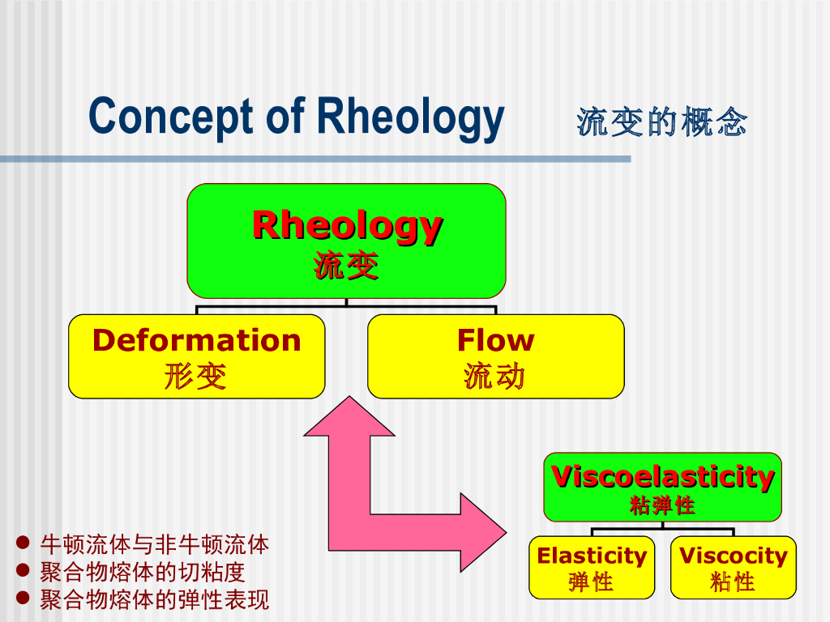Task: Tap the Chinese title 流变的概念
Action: click(x=661, y=121)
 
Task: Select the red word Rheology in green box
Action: click(x=347, y=225)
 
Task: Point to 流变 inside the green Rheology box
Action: click(x=346, y=266)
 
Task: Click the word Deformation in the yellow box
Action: click(x=196, y=340)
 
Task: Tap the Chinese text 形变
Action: click(x=195, y=376)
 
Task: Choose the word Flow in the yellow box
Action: click(x=495, y=340)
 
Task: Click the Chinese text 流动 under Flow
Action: click(x=494, y=376)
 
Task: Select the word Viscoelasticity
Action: click(x=662, y=476)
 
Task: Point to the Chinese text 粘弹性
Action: click(x=662, y=506)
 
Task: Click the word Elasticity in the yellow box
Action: click(x=592, y=556)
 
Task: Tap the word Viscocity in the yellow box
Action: click(x=733, y=556)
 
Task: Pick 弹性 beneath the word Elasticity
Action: click(x=591, y=582)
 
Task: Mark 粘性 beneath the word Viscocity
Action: click(x=733, y=582)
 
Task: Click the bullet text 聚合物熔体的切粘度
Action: click(x=142, y=572)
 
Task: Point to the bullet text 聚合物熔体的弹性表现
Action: click(x=154, y=600)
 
